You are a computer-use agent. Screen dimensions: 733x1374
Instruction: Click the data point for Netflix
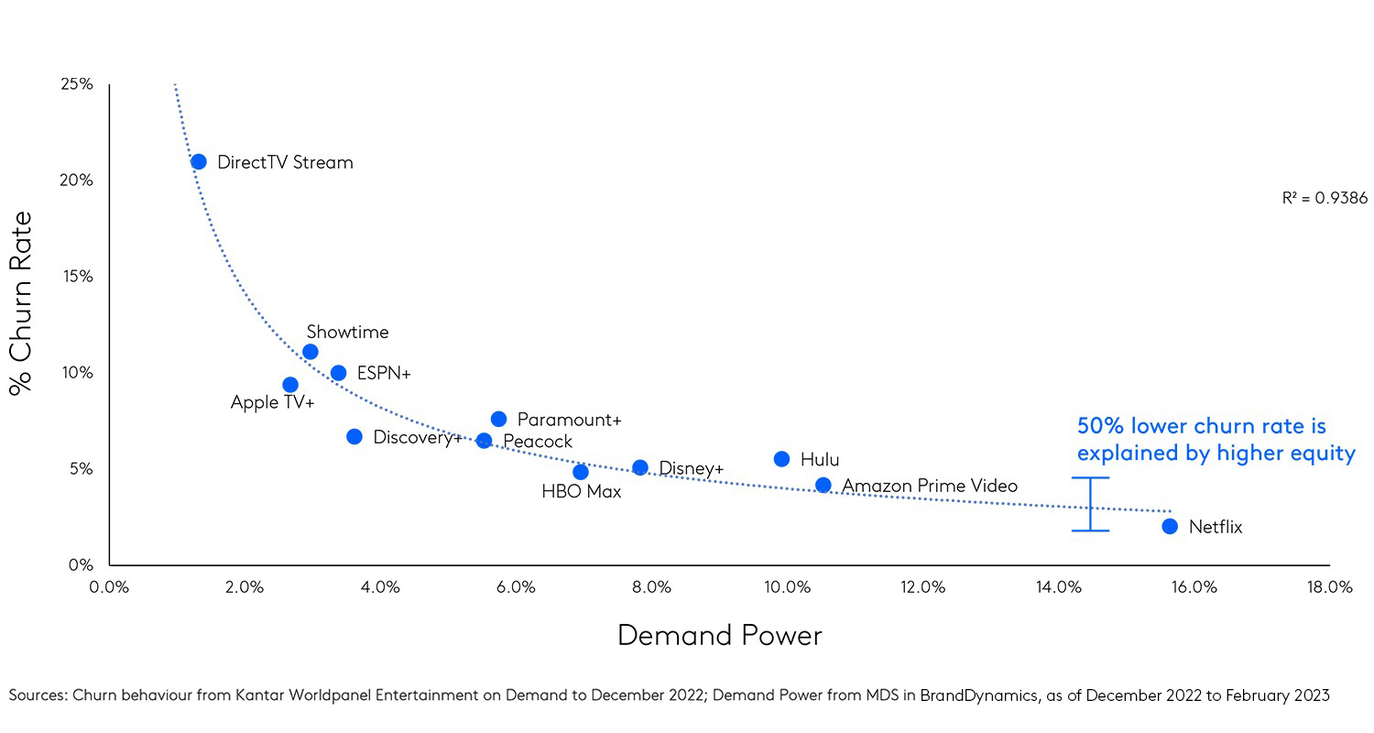(x=1170, y=526)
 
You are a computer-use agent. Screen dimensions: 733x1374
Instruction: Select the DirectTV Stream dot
(x=199, y=162)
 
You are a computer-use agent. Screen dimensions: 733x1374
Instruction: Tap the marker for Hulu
(x=781, y=459)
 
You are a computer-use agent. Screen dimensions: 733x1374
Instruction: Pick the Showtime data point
(x=311, y=352)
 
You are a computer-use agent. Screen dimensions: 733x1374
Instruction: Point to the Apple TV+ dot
(x=290, y=385)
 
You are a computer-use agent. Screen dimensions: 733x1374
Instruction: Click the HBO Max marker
(x=581, y=472)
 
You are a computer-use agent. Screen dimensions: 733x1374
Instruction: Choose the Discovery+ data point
(x=354, y=436)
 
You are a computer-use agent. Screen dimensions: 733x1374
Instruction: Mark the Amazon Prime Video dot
(x=823, y=485)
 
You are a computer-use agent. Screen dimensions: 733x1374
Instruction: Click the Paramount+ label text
(x=569, y=420)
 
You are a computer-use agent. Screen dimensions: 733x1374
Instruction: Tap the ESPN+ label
(x=384, y=373)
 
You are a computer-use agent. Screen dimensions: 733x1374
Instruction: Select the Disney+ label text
(x=691, y=469)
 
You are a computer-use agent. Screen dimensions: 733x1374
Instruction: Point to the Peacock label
(x=538, y=442)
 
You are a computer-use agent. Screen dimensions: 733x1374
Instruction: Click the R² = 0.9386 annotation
(x=1325, y=198)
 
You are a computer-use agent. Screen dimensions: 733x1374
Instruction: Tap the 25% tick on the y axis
(x=76, y=84)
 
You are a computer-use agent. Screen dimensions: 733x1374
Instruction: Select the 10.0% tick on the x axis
(x=787, y=588)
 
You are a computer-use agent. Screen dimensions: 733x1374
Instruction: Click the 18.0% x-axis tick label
(x=1329, y=588)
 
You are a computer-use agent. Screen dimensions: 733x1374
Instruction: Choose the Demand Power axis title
(x=719, y=635)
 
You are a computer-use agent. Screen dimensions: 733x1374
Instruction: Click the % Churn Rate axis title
(x=21, y=303)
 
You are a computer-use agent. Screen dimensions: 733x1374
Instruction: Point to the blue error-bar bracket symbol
(x=1090, y=504)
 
